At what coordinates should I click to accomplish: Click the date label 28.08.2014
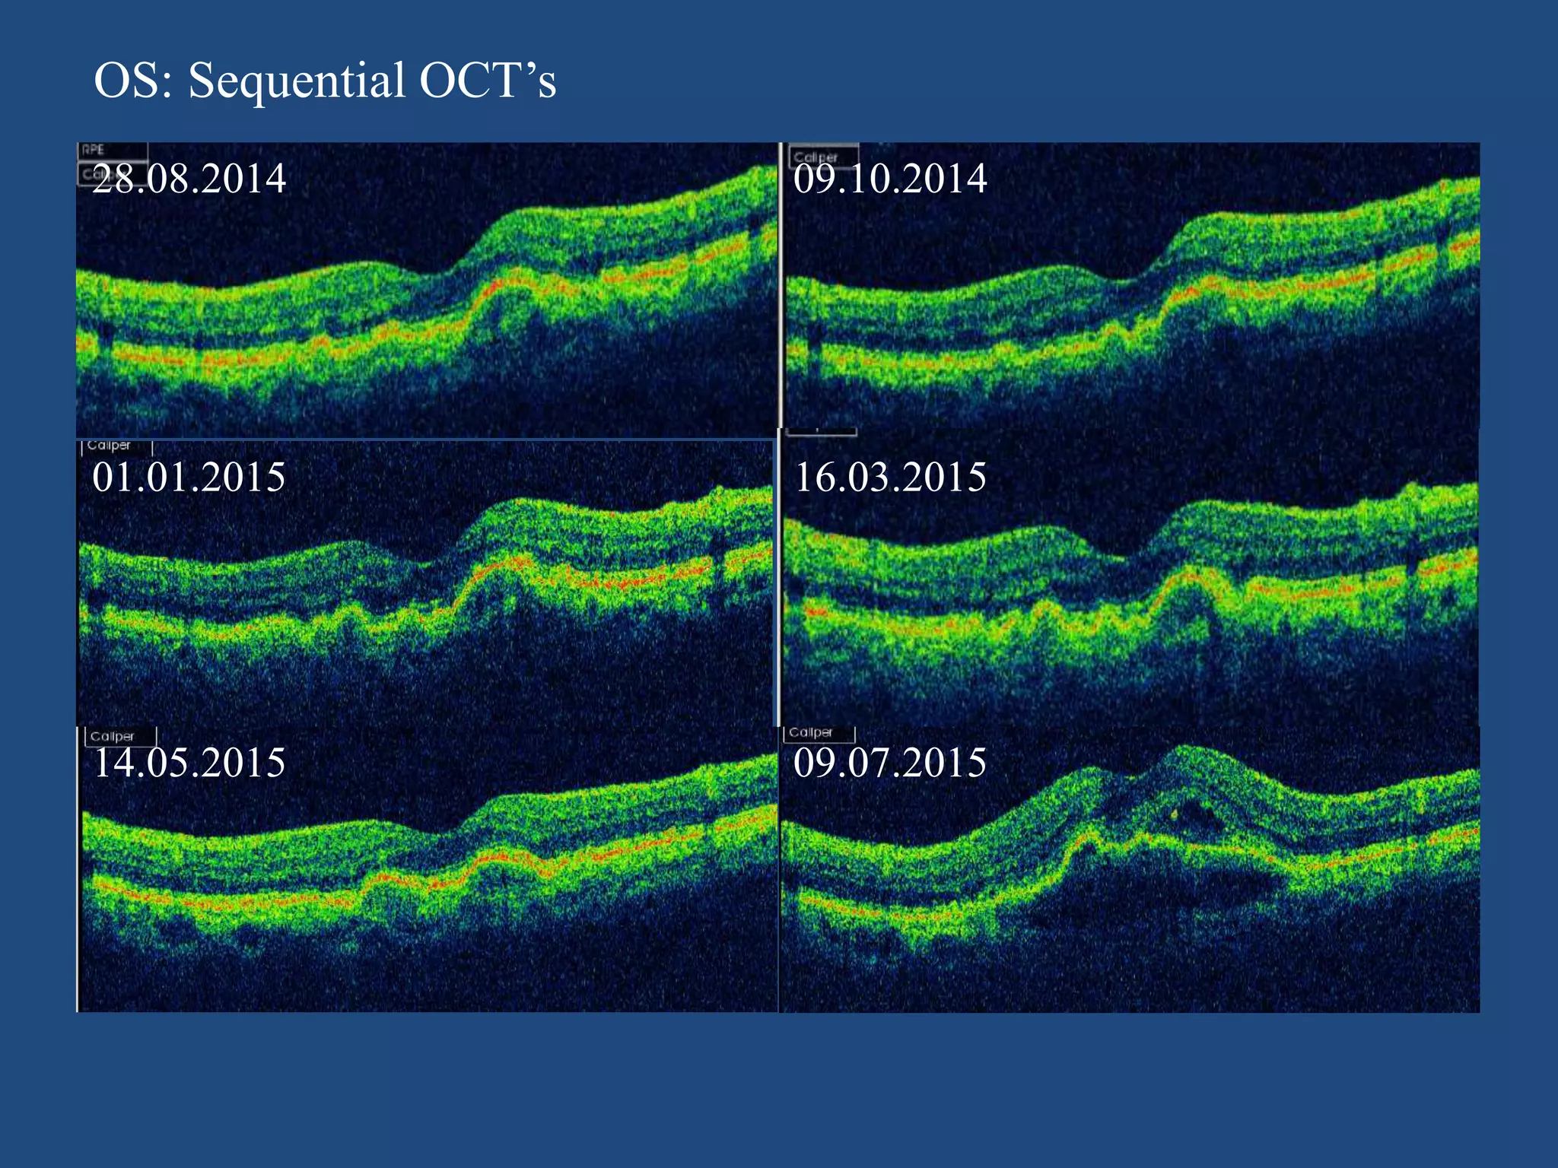189,179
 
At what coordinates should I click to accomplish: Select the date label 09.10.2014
889,179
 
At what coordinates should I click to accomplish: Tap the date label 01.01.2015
189,478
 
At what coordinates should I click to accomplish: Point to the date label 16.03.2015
889,478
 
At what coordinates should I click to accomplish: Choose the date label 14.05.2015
189,763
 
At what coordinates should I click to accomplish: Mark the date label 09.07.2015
889,763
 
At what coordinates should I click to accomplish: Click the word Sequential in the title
297,81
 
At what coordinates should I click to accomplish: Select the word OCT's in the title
488,81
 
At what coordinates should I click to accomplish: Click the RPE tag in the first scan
94,150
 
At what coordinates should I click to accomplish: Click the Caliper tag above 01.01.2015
109,446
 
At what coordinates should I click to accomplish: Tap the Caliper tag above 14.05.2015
113,736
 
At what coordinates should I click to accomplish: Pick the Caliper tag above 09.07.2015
811,732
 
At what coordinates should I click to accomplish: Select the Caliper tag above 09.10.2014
816,157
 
